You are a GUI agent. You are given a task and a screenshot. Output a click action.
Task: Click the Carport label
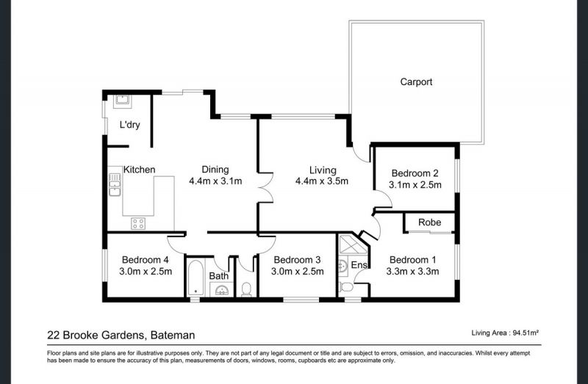pos(416,81)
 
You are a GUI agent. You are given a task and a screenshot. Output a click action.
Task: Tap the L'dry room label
pos(130,125)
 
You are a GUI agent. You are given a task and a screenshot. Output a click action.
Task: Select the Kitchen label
pos(139,170)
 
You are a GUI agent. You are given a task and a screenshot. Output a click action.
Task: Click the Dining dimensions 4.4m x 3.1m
pos(215,181)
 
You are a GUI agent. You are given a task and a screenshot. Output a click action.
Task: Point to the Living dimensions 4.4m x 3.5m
pos(322,181)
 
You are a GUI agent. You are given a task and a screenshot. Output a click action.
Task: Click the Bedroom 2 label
pos(415,173)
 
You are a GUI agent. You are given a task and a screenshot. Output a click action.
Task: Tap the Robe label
pos(429,222)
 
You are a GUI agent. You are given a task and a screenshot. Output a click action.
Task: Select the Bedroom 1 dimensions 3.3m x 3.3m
pos(412,271)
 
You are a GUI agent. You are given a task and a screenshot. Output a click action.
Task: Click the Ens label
pos(359,265)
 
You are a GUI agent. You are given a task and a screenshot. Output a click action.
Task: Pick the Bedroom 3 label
pos(297,260)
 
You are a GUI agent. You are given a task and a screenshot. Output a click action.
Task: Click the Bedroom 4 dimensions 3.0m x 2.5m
pos(146,271)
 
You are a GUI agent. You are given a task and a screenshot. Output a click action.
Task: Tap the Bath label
pos(218,276)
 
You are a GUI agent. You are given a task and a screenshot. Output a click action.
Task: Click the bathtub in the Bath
pos(196,278)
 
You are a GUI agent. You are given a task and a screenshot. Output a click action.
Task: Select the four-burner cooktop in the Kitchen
pos(137,223)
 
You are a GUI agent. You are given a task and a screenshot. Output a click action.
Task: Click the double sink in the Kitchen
pos(115,184)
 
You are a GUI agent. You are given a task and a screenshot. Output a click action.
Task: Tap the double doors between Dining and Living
pos(266,187)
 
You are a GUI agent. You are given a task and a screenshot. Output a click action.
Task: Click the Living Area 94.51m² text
pos(505,333)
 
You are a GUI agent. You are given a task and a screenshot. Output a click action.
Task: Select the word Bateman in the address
pos(173,335)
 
